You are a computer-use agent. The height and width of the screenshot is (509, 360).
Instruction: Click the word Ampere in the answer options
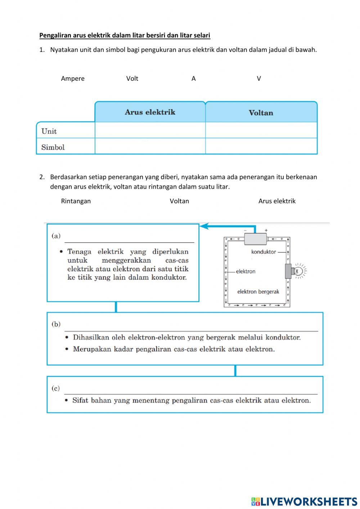point(73,79)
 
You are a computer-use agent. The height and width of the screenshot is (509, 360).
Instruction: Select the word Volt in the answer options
point(132,79)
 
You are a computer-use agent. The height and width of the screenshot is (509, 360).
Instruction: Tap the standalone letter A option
point(194,79)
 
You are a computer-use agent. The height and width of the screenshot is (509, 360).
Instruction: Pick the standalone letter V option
point(259,79)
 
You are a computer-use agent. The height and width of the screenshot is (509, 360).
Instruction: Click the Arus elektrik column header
point(150,112)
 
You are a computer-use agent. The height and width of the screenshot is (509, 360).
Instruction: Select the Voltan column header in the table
point(261,113)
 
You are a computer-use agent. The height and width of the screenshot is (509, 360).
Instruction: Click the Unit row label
point(49,131)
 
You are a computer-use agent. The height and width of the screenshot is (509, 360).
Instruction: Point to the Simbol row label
point(53,147)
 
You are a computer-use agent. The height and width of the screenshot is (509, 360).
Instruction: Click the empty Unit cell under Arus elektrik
point(150,130)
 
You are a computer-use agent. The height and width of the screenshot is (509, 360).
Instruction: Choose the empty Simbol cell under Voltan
point(261,146)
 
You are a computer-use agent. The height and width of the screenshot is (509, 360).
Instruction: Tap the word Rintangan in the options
point(76,201)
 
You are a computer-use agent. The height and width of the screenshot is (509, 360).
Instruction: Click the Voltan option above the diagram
point(179,201)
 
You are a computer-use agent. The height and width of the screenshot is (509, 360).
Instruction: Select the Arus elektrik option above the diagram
point(277,201)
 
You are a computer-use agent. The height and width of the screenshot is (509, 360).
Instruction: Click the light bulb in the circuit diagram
point(298,271)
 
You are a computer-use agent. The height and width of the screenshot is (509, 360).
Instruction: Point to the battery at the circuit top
point(256,238)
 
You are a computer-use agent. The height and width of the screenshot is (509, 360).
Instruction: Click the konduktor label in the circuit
point(264,252)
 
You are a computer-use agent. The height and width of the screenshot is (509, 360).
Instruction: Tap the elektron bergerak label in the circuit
point(258,292)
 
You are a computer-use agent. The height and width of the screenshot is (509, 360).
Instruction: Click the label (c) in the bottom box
point(55,388)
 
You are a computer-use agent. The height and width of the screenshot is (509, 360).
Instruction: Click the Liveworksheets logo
point(304,501)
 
